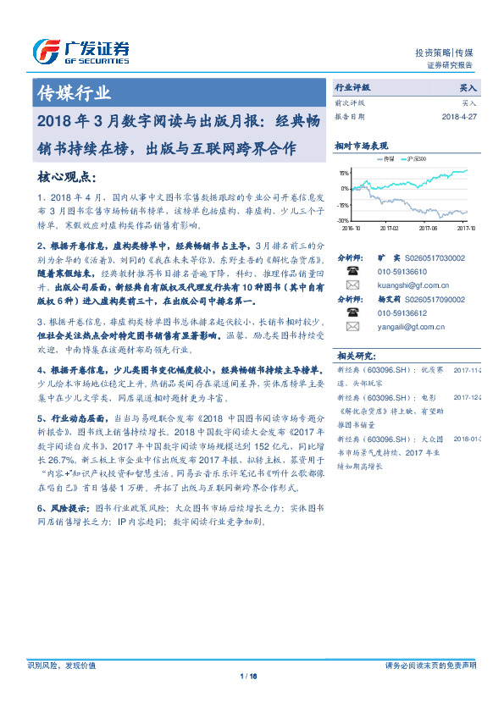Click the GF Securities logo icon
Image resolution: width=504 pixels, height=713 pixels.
[x=43, y=52]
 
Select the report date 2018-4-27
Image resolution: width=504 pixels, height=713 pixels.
[x=457, y=117]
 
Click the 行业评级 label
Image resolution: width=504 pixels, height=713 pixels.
[x=353, y=87]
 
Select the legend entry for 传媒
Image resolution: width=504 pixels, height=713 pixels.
[x=389, y=158]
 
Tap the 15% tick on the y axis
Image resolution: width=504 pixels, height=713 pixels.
[x=345, y=171]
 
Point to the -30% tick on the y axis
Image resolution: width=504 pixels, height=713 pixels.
[x=344, y=220]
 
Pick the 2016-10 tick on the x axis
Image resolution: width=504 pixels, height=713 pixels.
[x=352, y=227]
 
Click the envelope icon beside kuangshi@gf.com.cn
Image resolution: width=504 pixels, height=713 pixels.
[x=352, y=285]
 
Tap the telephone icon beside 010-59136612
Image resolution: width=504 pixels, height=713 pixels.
[x=352, y=312]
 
